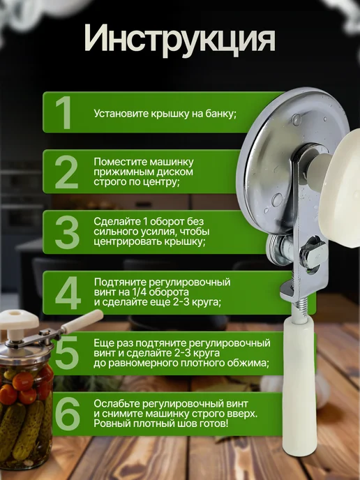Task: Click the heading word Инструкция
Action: [x=180, y=40]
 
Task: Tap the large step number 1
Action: [x=63, y=112]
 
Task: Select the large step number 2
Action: [x=66, y=172]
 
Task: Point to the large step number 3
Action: [x=67, y=232]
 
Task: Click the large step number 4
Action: [x=68, y=292]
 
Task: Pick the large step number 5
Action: [x=67, y=352]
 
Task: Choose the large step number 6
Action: [x=68, y=413]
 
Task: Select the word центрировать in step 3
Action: [x=128, y=242]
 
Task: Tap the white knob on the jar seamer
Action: [x=19, y=321]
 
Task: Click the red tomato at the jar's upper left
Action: [x=22, y=381]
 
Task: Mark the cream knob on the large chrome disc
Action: [x=341, y=187]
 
